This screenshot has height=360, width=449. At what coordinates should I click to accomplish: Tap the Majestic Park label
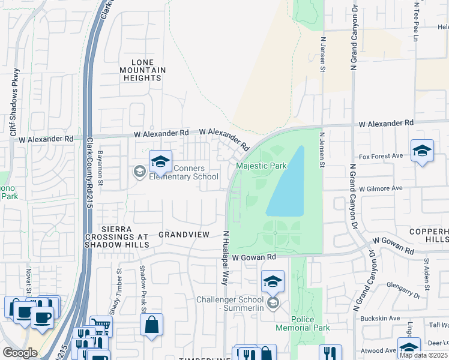261,166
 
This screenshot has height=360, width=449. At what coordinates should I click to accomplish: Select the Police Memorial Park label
303,323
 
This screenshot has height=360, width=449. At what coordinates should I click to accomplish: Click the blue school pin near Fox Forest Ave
422,151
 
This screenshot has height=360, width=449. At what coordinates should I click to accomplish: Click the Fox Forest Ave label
381,157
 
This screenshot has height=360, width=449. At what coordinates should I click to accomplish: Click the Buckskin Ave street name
384,318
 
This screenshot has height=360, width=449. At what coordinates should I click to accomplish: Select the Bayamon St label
101,168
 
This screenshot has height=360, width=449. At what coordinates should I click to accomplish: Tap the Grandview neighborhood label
183,235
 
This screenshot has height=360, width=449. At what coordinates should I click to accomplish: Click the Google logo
20,353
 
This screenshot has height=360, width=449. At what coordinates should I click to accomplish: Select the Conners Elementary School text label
184,172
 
